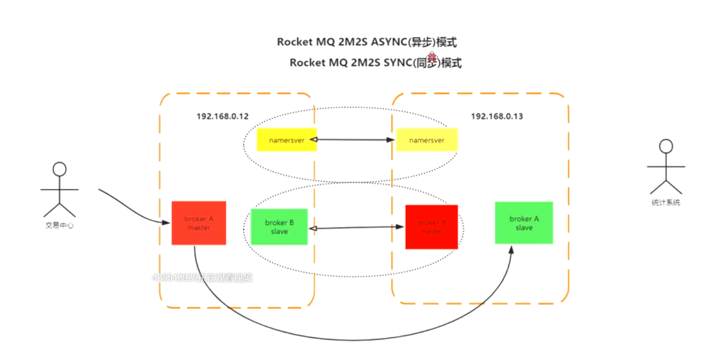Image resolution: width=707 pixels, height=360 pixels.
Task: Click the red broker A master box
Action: click(199, 223)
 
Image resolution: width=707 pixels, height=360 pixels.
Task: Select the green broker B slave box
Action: click(278, 227)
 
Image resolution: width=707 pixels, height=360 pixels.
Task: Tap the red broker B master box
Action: click(431, 227)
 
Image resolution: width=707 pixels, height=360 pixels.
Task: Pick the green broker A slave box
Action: click(524, 223)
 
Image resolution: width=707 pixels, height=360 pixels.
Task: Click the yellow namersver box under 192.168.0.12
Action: click(286, 140)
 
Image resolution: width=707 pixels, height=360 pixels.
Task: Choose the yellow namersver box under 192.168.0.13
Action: click(426, 140)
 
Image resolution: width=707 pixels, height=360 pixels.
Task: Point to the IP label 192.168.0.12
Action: click(222, 116)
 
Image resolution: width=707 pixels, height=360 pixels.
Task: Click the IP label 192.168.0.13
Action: click(497, 116)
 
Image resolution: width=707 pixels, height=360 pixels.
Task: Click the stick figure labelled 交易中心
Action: click(59, 190)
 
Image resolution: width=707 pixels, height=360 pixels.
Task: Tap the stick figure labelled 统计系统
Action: click(666, 167)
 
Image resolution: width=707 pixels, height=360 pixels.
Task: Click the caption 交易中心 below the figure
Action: click(59, 225)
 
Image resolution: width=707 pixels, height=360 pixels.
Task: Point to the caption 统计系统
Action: click(666, 203)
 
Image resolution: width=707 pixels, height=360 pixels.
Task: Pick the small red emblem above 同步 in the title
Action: click(432, 57)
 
